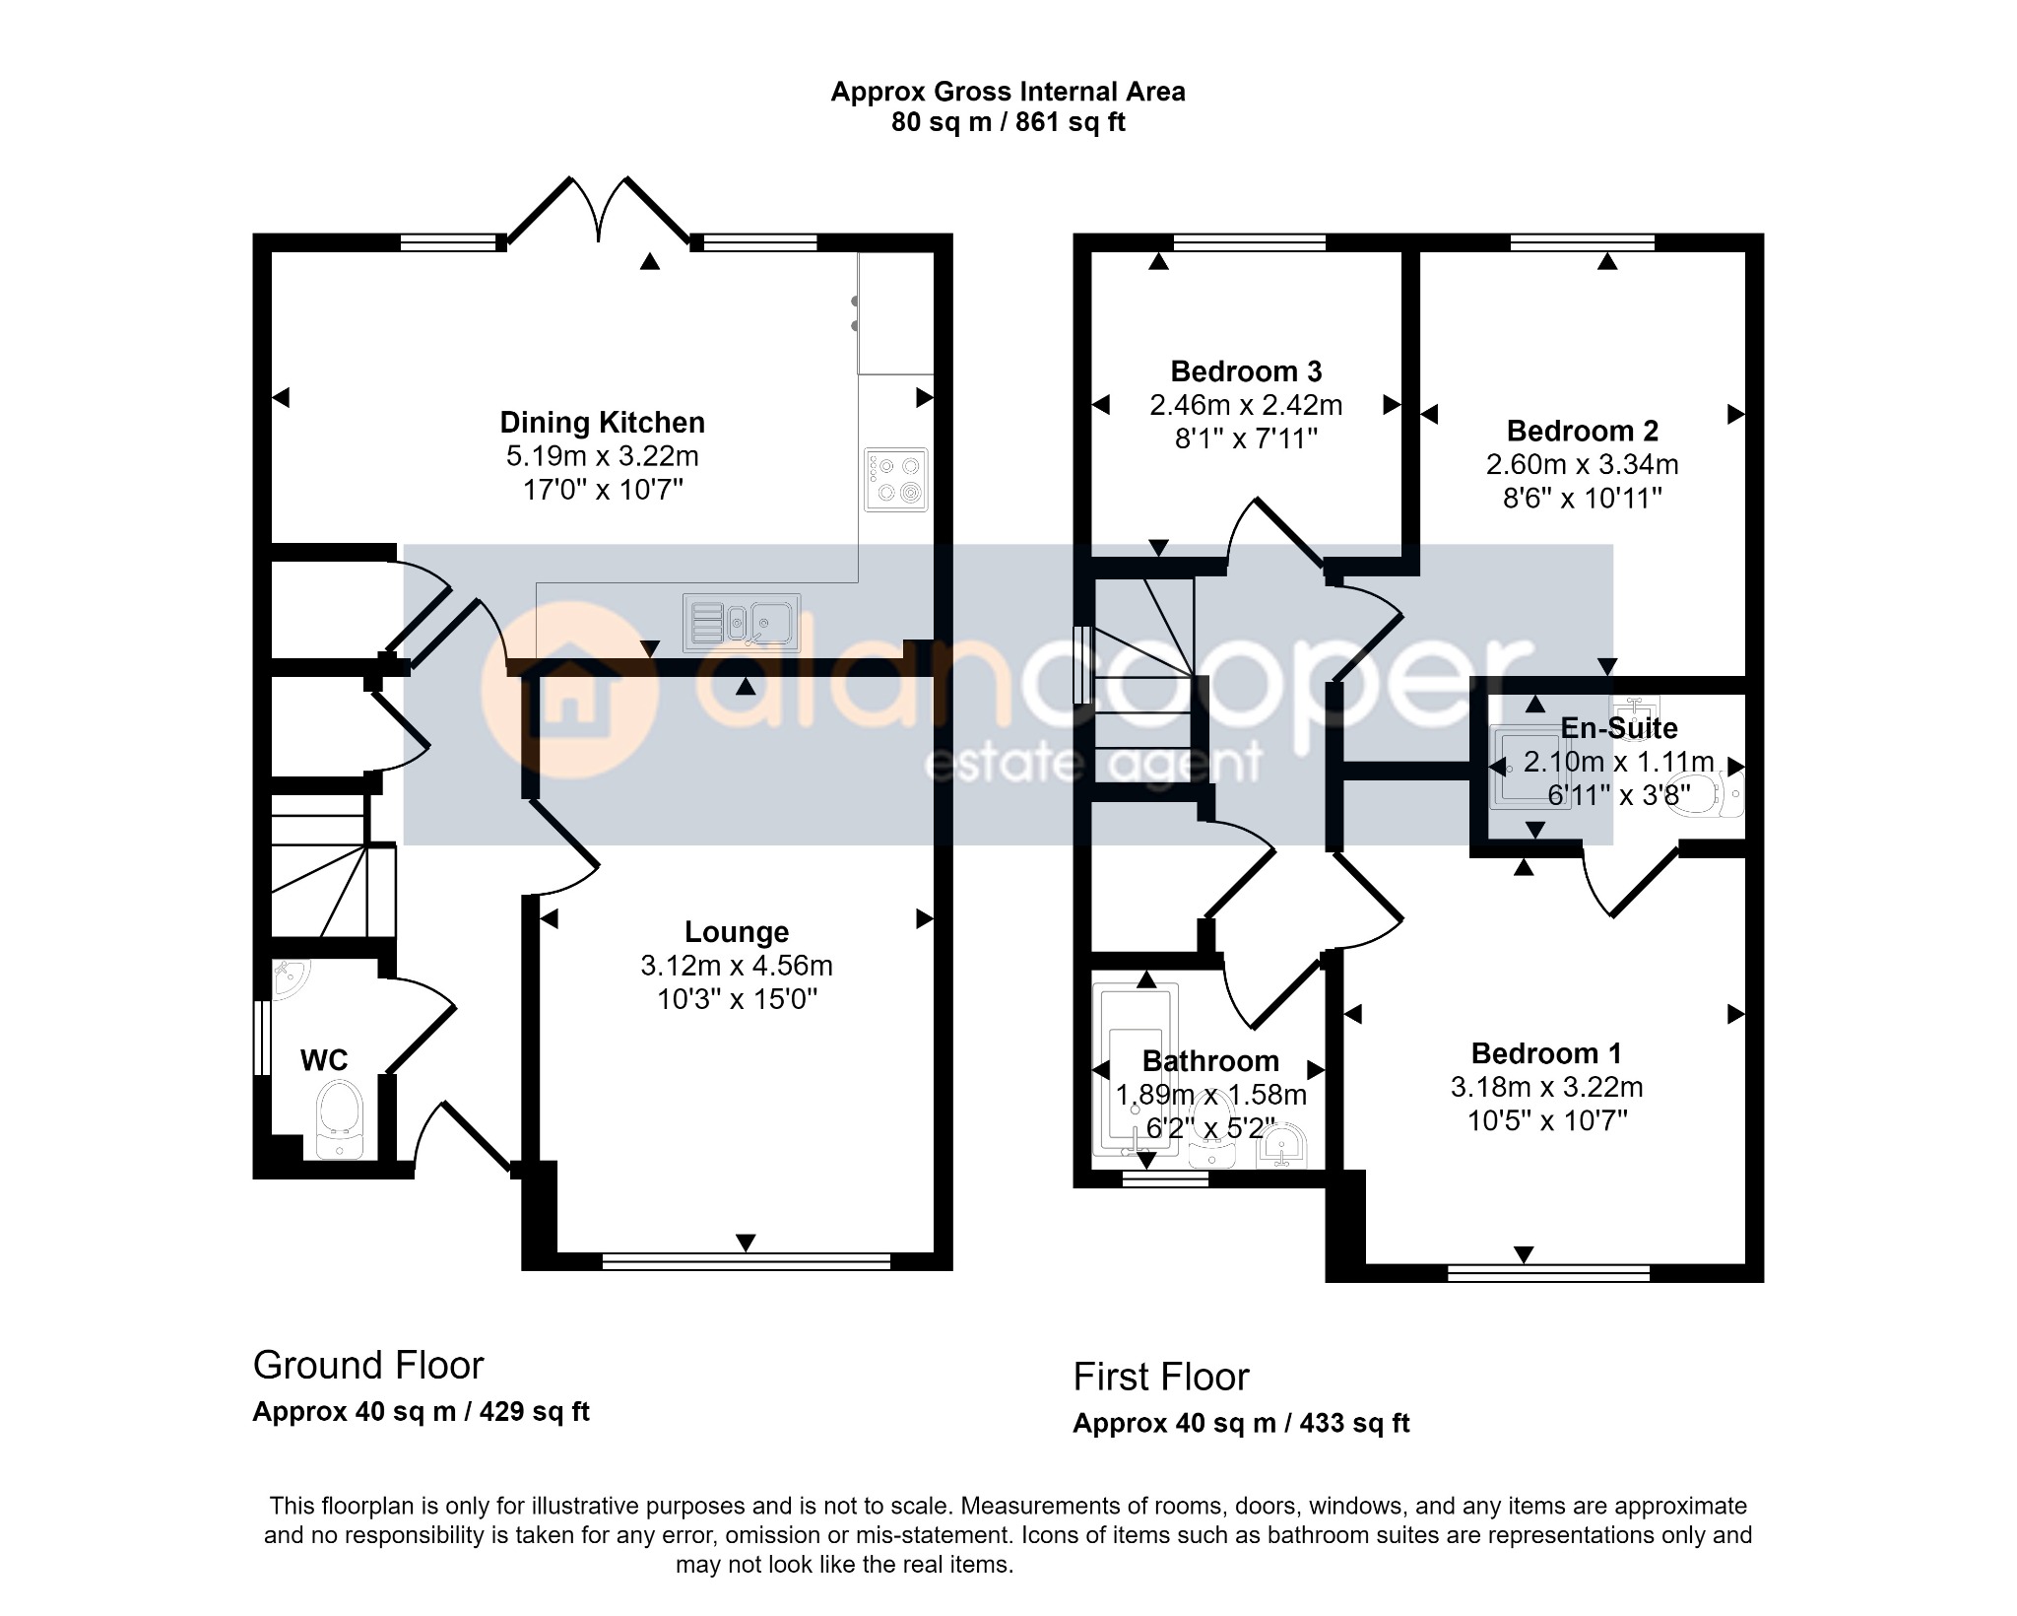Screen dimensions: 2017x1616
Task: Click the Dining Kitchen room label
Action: (x=602, y=423)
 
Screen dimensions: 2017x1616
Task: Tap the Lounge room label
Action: (x=737, y=932)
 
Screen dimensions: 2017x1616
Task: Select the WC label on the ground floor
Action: (x=324, y=1060)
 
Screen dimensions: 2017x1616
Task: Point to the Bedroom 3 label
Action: (x=1246, y=371)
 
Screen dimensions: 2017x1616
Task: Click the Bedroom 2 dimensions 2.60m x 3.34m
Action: (x=1582, y=464)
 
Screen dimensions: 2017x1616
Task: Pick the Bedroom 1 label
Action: (x=1546, y=1053)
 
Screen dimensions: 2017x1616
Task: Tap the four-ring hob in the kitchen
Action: (x=896, y=480)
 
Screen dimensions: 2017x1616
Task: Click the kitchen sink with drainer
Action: (x=741, y=623)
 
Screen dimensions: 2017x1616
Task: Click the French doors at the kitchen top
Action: (x=599, y=211)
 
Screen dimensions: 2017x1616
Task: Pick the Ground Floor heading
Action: (x=368, y=1366)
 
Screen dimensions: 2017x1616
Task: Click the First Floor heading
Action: (x=1161, y=1378)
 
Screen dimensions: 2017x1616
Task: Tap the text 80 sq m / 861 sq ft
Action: (x=1008, y=122)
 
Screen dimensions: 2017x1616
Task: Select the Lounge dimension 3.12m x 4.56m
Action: (x=737, y=966)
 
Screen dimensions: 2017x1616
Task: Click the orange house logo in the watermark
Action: (x=569, y=691)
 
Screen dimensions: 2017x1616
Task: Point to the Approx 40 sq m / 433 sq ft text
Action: (x=1241, y=1424)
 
